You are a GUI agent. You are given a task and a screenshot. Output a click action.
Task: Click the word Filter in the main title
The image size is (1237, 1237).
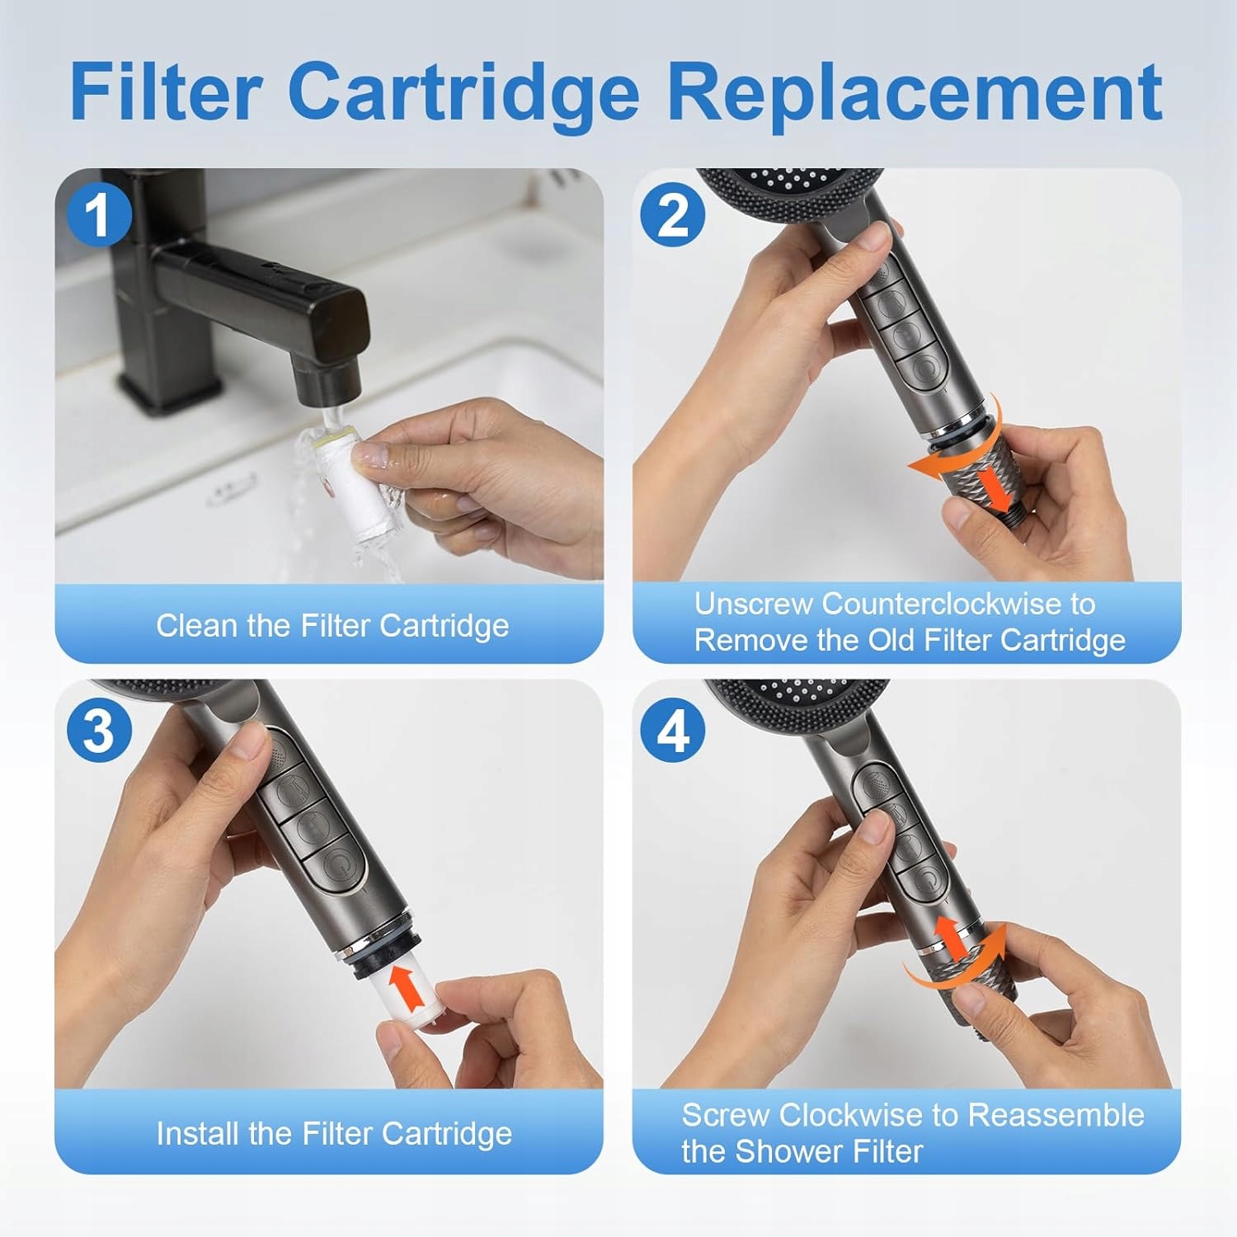(166, 91)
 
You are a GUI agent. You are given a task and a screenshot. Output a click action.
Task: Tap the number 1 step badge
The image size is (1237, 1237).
(100, 215)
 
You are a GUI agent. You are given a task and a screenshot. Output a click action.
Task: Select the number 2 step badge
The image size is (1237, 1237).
(673, 214)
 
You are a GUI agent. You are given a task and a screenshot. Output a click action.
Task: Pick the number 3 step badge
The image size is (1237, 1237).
(100, 731)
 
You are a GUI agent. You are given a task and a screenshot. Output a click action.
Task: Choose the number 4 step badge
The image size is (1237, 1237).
(673, 731)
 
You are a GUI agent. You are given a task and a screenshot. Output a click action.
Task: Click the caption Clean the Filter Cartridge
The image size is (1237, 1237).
(332, 626)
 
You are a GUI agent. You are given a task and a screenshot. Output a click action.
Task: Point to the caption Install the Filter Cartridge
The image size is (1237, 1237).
(334, 1134)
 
